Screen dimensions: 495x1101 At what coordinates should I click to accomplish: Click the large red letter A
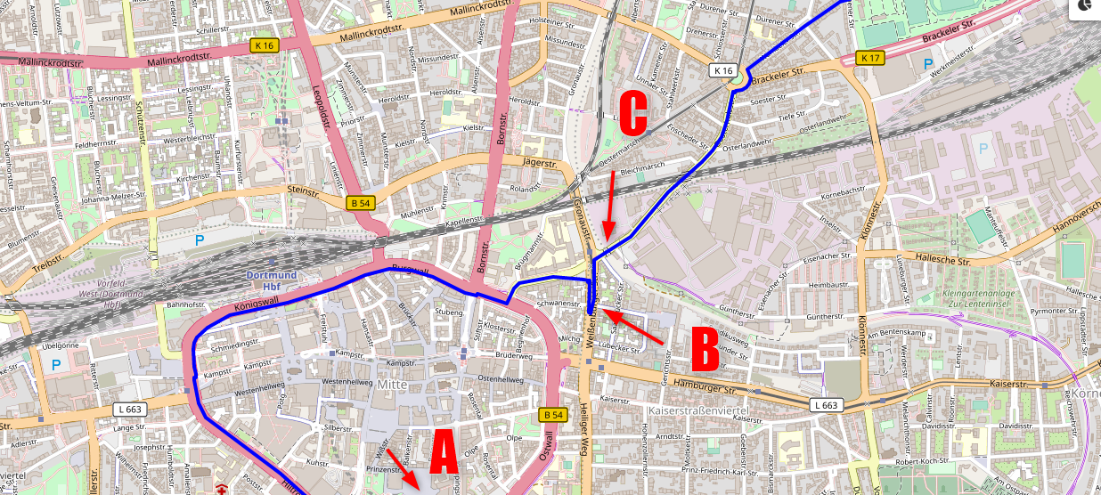click(444, 453)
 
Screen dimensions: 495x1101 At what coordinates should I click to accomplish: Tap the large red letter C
click(632, 113)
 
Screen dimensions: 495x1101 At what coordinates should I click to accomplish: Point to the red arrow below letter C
click(608, 205)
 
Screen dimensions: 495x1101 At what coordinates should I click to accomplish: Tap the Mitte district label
click(390, 384)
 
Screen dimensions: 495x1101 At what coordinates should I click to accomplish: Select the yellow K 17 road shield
click(869, 58)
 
